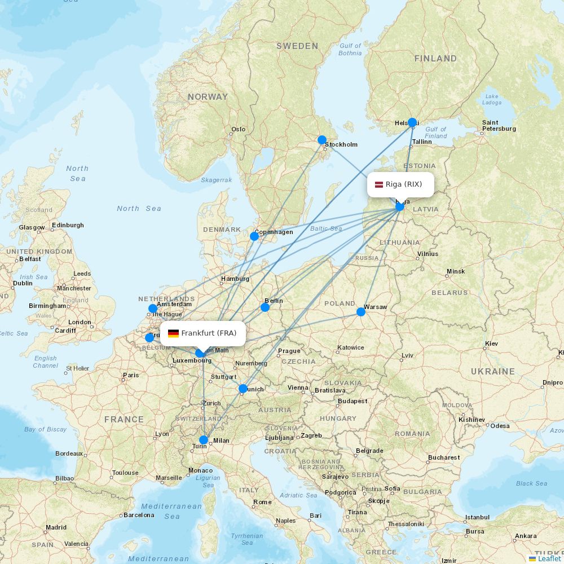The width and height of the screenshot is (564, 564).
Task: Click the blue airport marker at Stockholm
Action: tap(322, 140)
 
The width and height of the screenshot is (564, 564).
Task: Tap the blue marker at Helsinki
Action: tap(412, 122)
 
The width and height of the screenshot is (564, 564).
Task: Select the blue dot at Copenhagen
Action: tap(254, 236)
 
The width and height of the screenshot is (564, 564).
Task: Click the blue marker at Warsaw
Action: tap(361, 312)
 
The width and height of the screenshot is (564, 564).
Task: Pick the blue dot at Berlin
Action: tap(265, 307)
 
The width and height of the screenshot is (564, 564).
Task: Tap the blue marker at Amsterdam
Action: tap(153, 309)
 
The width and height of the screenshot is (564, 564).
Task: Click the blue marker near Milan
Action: tap(204, 440)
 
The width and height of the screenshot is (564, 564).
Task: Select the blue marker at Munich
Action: tap(243, 389)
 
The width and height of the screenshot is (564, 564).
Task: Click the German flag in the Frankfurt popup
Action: tap(173, 333)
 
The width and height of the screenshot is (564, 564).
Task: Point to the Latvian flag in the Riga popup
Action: tap(379, 184)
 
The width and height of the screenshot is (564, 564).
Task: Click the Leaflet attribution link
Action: tap(549, 558)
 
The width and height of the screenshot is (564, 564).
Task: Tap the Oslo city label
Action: tap(238, 129)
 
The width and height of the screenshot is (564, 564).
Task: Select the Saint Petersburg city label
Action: tap(499, 125)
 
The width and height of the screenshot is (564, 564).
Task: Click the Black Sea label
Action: tap(531, 483)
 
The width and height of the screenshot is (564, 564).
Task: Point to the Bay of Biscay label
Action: tap(45, 429)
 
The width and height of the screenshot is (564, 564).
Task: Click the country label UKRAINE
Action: tap(493, 371)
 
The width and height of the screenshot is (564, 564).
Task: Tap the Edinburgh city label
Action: tap(68, 225)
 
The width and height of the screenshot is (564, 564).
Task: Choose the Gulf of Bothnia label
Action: tap(350, 50)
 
